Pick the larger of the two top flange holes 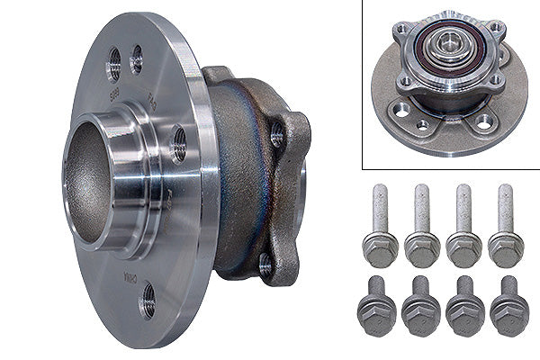click(x=114, y=63)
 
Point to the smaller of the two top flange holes click(x=137, y=59)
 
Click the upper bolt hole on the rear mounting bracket click(x=276, y=136)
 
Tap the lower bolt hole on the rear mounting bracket click(x=265, y=263)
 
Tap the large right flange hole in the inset click(x=484, y=121)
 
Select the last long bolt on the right click(x=505, y=229)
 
